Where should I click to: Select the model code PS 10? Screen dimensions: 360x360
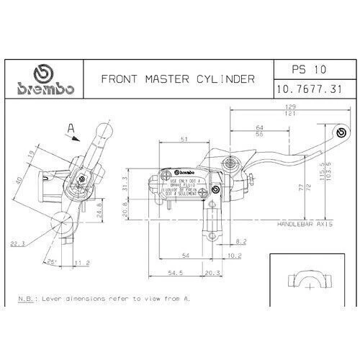309,71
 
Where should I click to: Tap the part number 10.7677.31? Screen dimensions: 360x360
309,90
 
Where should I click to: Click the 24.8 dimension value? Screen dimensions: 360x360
99,214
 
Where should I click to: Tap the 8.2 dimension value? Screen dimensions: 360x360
241,241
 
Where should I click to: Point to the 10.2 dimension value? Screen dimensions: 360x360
234,255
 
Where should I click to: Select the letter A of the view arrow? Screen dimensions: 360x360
71,128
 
